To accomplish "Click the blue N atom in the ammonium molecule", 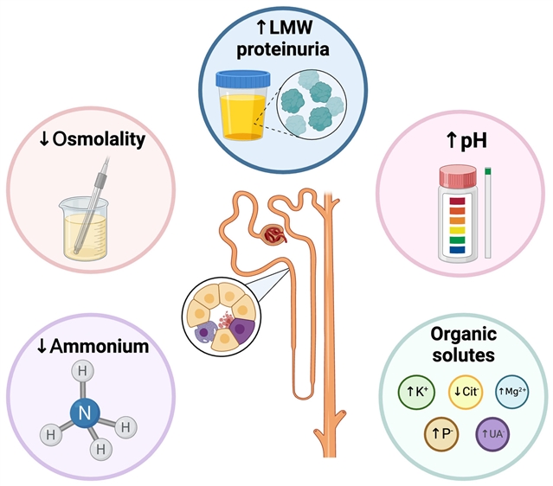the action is [85, 413].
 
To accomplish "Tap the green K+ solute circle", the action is [416, 392].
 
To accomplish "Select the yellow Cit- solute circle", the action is [466, 392].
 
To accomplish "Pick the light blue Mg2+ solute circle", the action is [512, 392].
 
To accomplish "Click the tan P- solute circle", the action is [441, 434].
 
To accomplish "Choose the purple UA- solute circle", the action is [492, 434].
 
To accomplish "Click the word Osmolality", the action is [99, 139].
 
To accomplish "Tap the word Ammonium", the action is [100, 347].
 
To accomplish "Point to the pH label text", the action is [473, 141].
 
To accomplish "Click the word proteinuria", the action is [283, 49].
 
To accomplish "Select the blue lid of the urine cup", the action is [243, 78].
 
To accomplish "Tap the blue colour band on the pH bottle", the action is [457, 250].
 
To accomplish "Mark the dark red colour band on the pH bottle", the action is [457, 201].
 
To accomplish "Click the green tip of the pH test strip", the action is [488, 171].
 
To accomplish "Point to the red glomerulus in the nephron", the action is [275, 235].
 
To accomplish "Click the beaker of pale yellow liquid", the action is [85, 229].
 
